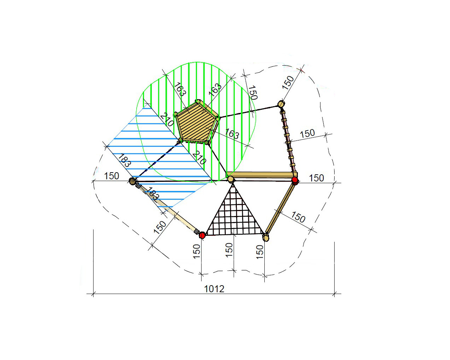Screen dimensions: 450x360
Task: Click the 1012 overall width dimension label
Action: (x=214, y=289)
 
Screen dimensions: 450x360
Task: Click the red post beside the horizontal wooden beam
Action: (x=295, y=180)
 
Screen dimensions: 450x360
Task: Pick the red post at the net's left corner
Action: (x=202, y=235)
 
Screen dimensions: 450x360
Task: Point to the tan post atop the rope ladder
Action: (x=281, y=104)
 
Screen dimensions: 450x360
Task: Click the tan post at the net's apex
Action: (x=230, y=179)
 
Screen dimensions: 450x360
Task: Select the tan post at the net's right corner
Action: (x=265, y=238)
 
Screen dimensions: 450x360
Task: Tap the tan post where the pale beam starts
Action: (x=133, y=181)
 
